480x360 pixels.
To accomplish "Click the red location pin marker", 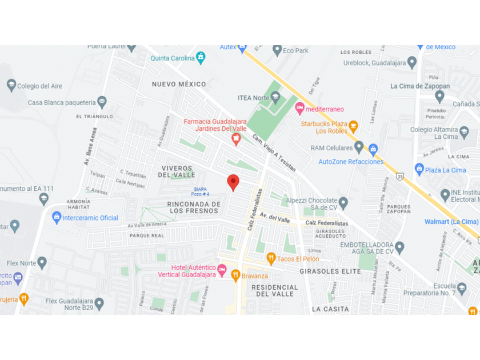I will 233,182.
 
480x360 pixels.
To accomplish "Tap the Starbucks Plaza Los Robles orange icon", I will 353,126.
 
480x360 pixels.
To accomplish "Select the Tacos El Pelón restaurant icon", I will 271,259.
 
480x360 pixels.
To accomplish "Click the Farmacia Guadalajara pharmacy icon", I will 236,139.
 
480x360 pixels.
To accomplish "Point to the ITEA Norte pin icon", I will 275,98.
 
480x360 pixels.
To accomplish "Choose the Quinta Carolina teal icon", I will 201,58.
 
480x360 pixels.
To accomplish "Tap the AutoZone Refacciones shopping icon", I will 373,150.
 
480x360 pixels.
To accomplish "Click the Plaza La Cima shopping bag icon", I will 419,169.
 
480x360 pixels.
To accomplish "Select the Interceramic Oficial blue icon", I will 57,217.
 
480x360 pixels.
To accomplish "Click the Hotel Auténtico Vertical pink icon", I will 222,269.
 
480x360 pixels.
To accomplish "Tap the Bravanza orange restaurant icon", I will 235,276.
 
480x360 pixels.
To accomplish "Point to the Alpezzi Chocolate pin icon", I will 343,203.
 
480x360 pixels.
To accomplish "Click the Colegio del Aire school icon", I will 11,86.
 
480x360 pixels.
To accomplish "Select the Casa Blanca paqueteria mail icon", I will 102,102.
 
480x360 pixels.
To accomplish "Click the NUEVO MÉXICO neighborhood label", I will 179,84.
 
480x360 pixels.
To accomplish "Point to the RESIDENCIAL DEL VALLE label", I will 275,290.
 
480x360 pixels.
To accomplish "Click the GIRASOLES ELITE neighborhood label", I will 330,271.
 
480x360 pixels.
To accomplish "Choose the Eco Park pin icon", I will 277,50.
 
